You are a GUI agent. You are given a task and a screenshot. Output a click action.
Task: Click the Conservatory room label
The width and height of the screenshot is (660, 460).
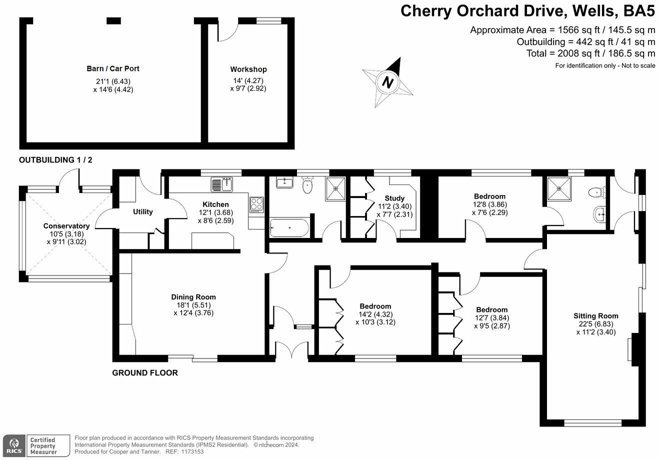click(x=66, y=226)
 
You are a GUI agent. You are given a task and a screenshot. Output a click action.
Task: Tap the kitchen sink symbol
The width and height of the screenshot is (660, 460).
click(x=222, y=184)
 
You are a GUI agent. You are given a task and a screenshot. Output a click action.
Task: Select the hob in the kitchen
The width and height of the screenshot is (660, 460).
click(x=256, y=204)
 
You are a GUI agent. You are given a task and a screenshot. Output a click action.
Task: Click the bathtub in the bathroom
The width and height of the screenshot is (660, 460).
click(x=289, y=228)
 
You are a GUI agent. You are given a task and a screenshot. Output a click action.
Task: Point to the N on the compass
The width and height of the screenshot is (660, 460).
click(x=388, y=81)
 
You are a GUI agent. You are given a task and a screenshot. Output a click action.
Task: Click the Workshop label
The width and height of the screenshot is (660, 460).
click(x=248, y=69)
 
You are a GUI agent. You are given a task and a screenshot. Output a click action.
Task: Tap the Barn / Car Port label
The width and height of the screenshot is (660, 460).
click(x=113, y=68)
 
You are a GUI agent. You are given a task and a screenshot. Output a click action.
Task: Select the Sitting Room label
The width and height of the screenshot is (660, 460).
click(x=596, y=316)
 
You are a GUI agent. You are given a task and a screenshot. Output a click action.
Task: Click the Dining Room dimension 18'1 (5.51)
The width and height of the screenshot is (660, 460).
click(x=193, y=305)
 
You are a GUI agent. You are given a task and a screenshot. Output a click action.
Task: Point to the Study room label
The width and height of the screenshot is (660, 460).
click(x=394, y=198)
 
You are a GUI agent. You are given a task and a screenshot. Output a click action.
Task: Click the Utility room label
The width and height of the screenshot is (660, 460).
click(x=143, y=212)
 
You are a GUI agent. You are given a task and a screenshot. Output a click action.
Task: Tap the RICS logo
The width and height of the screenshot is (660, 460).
click(x=14, y=445)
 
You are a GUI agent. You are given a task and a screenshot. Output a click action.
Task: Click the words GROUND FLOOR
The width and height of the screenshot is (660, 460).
click(x=145, y=373)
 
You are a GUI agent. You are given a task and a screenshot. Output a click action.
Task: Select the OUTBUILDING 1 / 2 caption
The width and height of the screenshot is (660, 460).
click(x=55, y=160)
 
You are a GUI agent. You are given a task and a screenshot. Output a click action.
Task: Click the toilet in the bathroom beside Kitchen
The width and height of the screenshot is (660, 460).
click(x=307, y=184)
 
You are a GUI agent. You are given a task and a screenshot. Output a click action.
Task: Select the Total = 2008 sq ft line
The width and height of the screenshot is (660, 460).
click(x=591, y=53)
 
